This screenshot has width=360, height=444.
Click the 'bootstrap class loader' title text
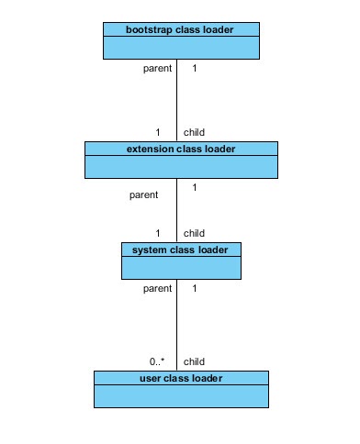pos(181,29)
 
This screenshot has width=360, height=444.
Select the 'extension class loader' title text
pos(181,149)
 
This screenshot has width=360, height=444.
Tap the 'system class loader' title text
pos(181,249)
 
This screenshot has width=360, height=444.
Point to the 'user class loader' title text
pos(181,377)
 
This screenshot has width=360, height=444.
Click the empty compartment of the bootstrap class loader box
pos(181,48)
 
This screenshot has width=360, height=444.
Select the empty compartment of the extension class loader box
pos(181,166)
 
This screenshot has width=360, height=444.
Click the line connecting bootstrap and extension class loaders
pos(176,101)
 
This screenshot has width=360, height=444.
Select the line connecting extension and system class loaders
pos(176,211)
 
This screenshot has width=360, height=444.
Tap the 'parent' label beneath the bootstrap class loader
pos(157,68)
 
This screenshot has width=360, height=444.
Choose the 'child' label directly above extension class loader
pos(195,132)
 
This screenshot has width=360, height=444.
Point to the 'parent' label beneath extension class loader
pos(144,194)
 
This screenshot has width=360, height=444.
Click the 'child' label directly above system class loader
pos(195,233)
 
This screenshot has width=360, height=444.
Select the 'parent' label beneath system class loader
pos(157,288)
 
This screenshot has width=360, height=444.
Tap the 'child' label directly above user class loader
pos(195,361)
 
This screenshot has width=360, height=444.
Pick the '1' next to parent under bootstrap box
pos(194,68)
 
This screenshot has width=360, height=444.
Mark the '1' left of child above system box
pos(158,233)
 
